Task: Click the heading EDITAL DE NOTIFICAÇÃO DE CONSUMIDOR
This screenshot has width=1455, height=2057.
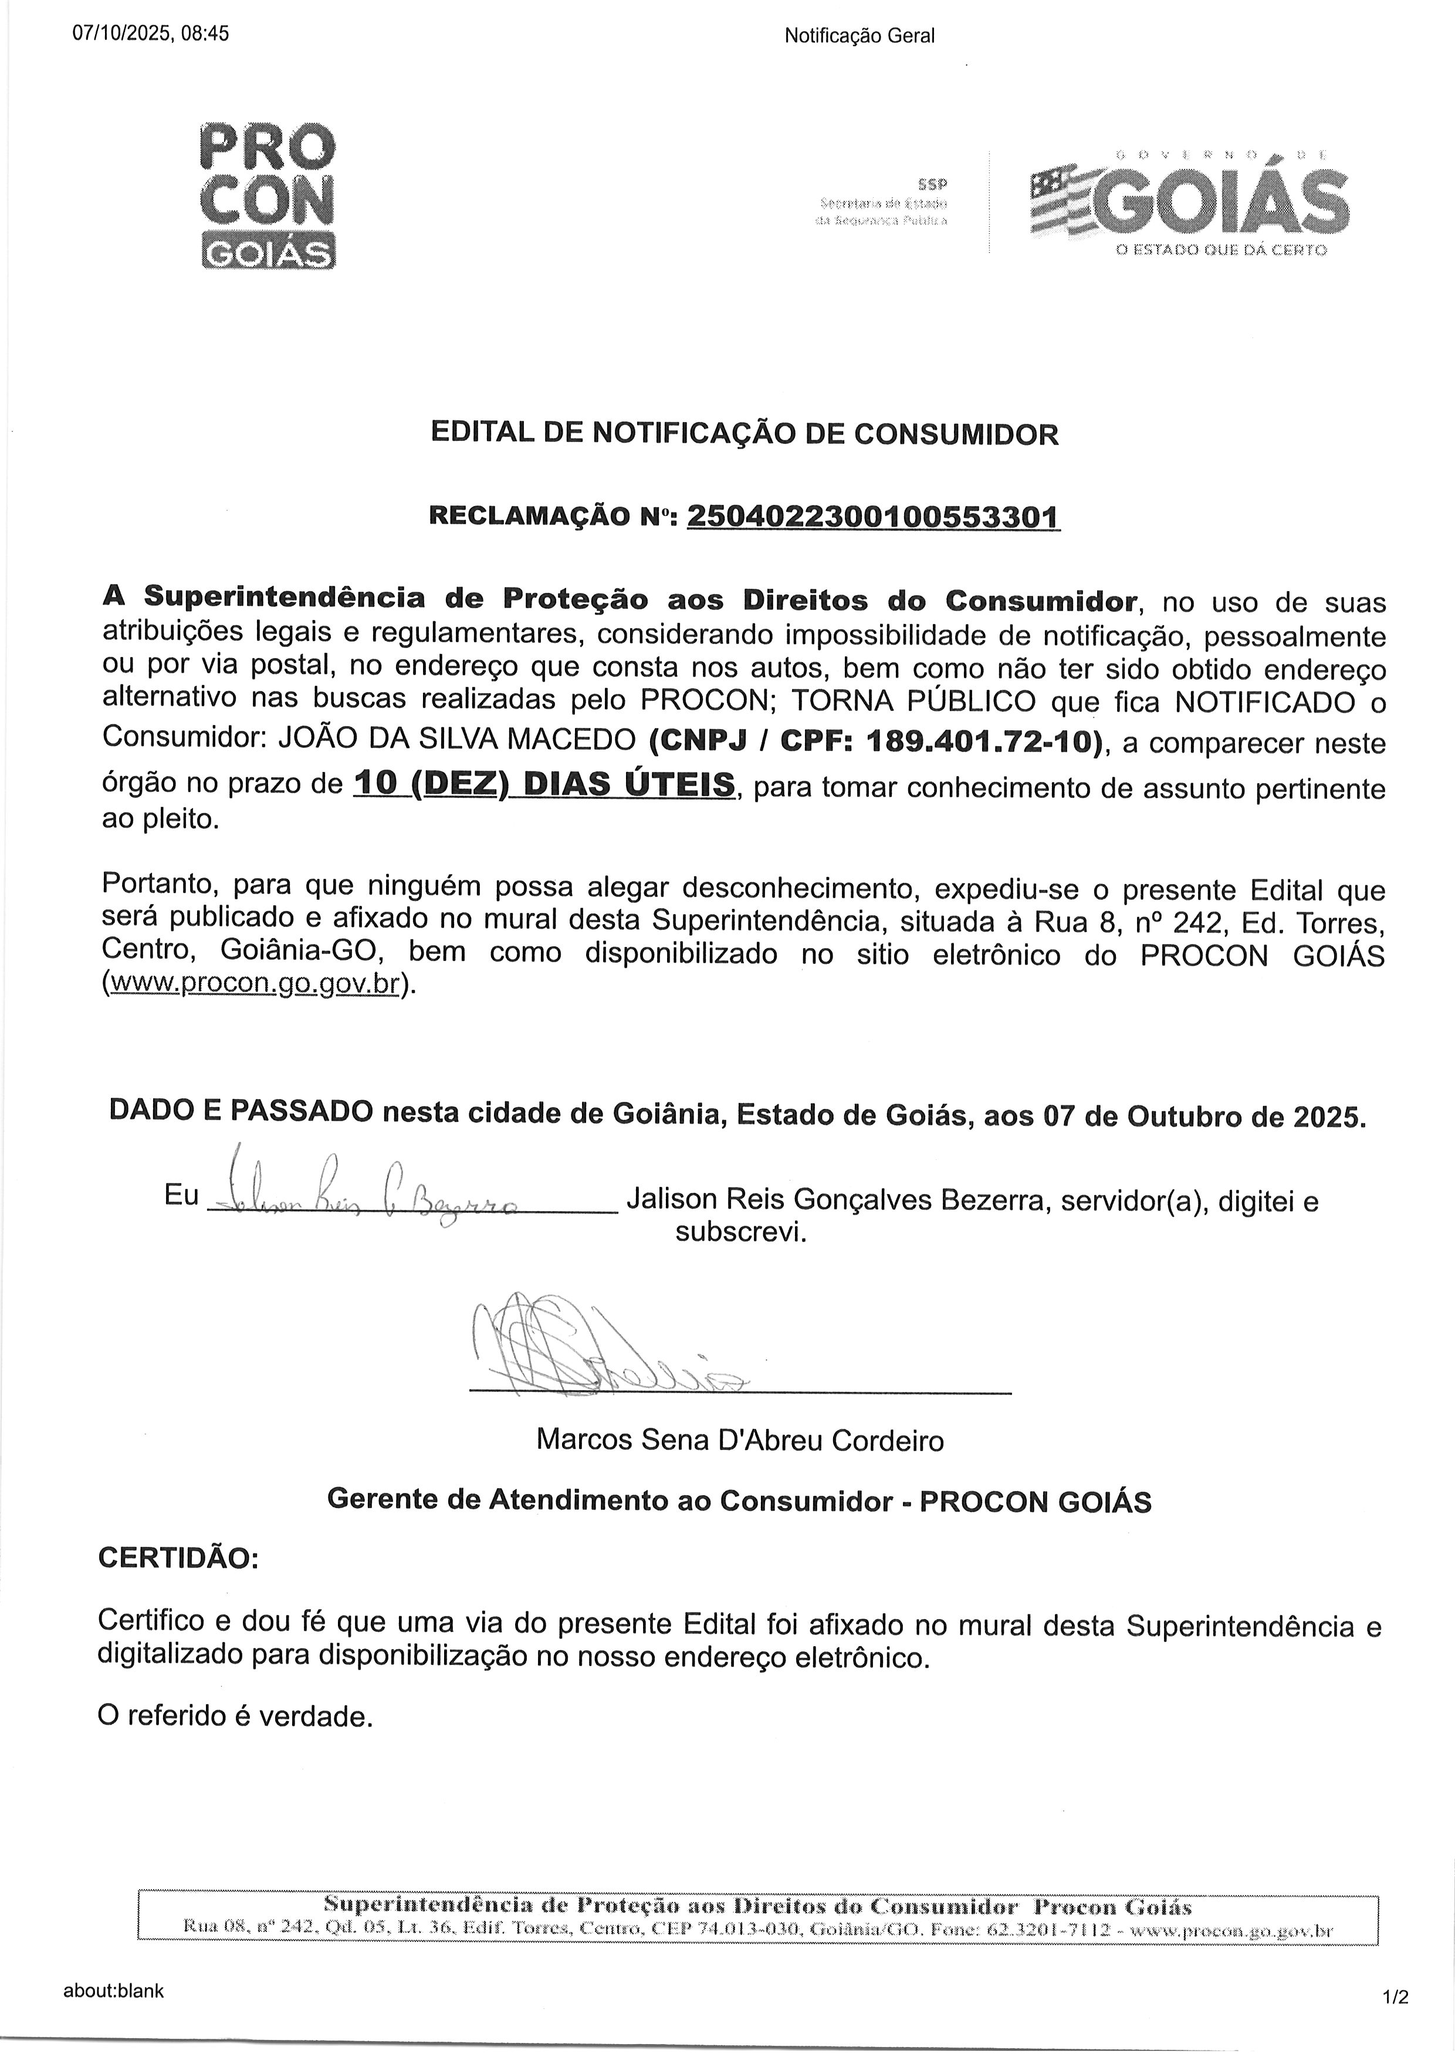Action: (x=745, y=434)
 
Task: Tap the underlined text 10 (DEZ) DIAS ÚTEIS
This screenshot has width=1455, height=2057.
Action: (x=544, y=784)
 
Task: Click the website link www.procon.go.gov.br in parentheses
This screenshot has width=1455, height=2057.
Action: (x=253, y=983)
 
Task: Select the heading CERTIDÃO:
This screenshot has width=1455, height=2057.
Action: (x=177, y=1558)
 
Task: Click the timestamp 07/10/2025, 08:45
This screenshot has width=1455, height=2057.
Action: (x=151, y=34)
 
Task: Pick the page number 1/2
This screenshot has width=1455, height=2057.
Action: (x=1396, y=1998)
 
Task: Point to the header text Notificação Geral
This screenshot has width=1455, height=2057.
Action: (x=859, y=36)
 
